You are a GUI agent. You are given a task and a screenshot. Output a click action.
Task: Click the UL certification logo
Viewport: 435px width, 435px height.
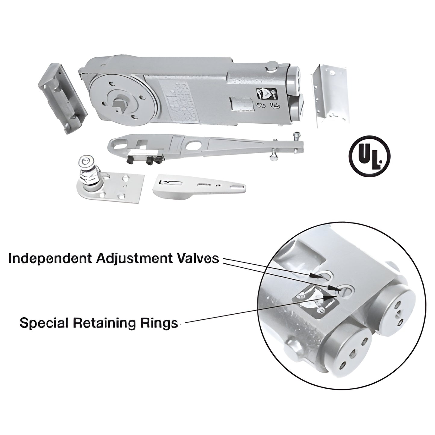click(x=369, y=156)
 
